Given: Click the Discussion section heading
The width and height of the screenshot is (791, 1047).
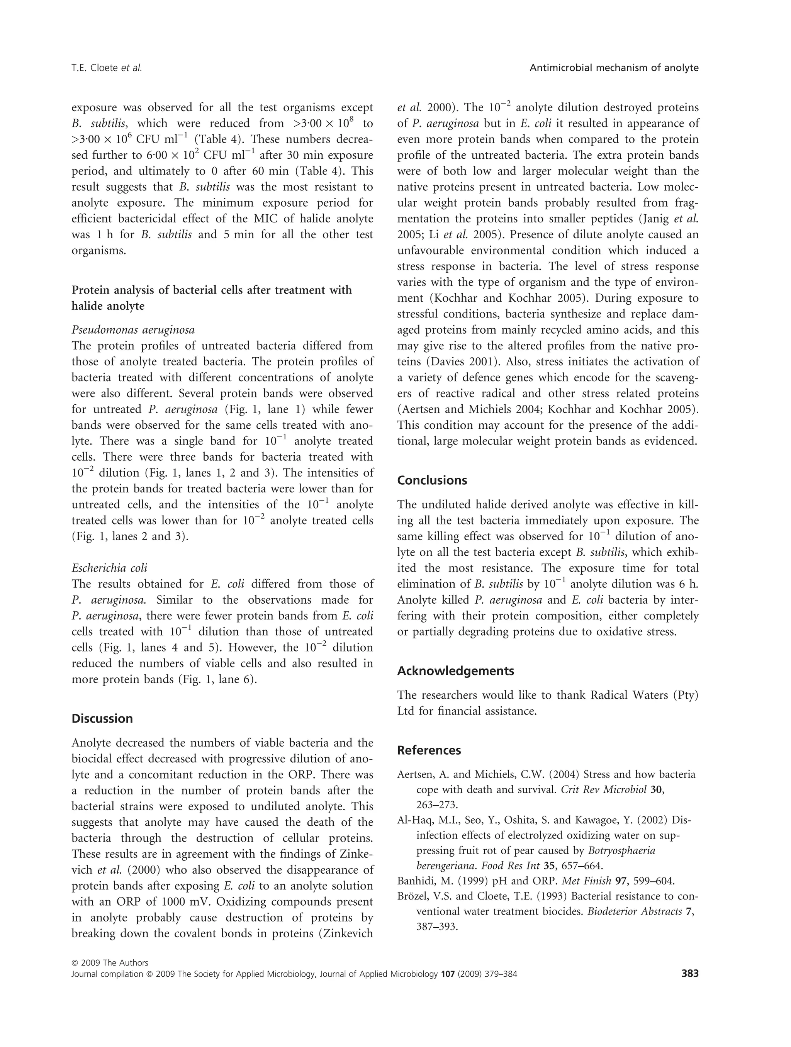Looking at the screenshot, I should coord(102,718).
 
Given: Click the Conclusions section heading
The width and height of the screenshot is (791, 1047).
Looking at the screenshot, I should coord(432,480).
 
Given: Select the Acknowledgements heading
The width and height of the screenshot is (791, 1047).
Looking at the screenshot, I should coord(455,671).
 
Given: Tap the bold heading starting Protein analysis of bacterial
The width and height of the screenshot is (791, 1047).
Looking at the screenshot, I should coord(212,290).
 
